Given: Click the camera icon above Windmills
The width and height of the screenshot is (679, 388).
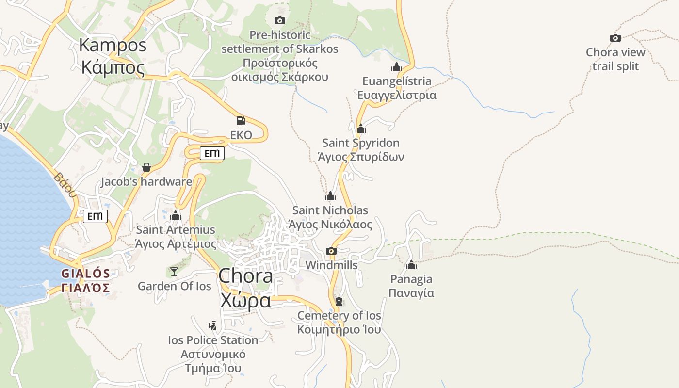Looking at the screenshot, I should (x=331, y=251).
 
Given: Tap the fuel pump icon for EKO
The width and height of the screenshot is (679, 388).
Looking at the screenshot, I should (x=241, y=121).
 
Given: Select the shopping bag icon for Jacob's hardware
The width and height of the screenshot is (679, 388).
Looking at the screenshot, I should (x=146, y=167).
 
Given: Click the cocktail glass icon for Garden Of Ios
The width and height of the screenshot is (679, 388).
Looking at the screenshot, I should (x=174, y=271).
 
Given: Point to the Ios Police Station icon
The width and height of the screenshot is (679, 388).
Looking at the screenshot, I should (x=212, y=325).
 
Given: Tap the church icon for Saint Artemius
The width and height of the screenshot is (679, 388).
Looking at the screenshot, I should (x=176, y=215).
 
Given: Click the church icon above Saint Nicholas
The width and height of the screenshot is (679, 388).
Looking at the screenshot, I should (x=330, y=196).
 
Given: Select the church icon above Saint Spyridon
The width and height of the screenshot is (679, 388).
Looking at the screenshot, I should (x=361, y=129).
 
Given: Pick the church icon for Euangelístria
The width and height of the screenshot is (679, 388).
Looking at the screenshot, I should (x=397, y=67).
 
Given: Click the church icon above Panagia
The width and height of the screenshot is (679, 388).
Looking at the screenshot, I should (x=411, y=265).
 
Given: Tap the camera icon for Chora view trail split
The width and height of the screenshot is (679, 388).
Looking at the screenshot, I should (x=615, y=38).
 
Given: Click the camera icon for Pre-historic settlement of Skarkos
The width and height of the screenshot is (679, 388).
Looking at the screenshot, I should (x=280, y=20).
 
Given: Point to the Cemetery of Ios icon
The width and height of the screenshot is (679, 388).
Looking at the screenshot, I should (x=339, y=301).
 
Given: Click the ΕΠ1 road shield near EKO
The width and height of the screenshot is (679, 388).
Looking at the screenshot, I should (x=212, y=154).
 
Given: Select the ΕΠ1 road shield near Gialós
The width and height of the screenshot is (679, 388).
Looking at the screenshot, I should (x=95, y=216).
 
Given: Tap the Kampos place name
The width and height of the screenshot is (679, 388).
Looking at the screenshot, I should (x=113, y=45).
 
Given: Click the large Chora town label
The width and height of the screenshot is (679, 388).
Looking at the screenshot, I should (x=245, y=276).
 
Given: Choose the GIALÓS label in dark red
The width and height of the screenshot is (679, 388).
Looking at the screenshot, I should (x=85, y=274).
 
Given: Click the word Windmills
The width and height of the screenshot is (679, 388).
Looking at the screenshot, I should (x=331, y=265).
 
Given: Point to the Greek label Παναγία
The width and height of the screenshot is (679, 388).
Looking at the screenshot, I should (x=411, y=293).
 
